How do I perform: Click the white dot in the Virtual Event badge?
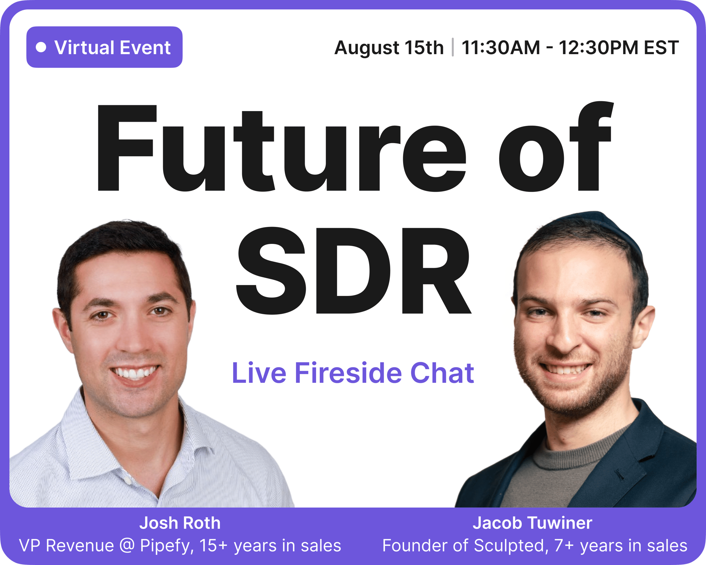41,47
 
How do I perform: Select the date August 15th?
389,48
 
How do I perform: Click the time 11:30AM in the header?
501,48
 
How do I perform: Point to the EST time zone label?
661,48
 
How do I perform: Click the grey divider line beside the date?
453,47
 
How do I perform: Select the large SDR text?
354,271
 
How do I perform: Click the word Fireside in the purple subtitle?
348,373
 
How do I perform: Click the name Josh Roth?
180,523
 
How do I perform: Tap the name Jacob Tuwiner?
532,523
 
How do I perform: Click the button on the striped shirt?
128,480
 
